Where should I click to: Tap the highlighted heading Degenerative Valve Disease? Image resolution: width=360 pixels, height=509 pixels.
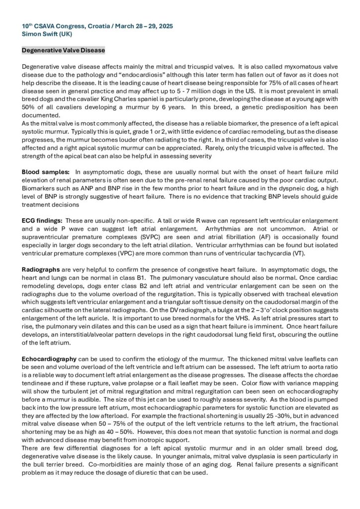pos(64,50)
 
